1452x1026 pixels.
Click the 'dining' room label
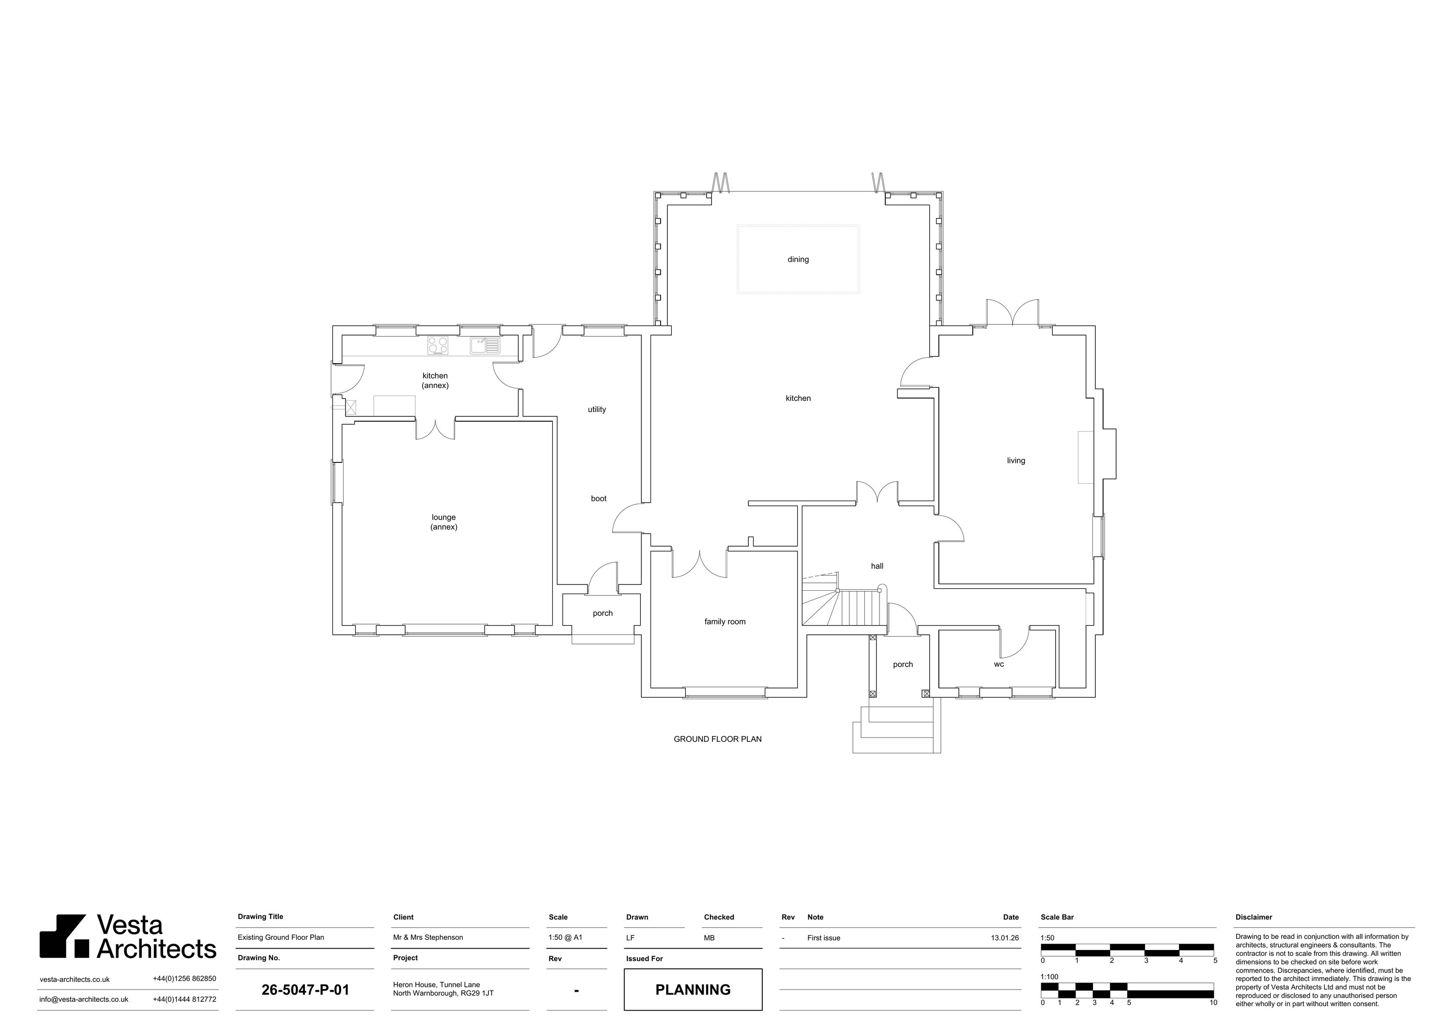798,260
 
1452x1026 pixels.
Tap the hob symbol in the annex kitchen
438,345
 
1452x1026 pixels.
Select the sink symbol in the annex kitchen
484,345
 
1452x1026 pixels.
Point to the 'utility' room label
596,409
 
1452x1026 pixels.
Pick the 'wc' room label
998,664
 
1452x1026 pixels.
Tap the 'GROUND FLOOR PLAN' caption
717,739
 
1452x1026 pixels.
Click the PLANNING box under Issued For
693,989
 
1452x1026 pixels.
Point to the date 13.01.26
1004,938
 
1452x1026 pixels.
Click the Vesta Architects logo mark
64,936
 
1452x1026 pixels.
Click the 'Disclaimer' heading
1254,917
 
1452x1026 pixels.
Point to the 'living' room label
1015,460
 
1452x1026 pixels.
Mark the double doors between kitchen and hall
877,493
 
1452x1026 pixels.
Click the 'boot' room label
598,498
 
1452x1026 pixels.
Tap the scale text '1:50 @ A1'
565,937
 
